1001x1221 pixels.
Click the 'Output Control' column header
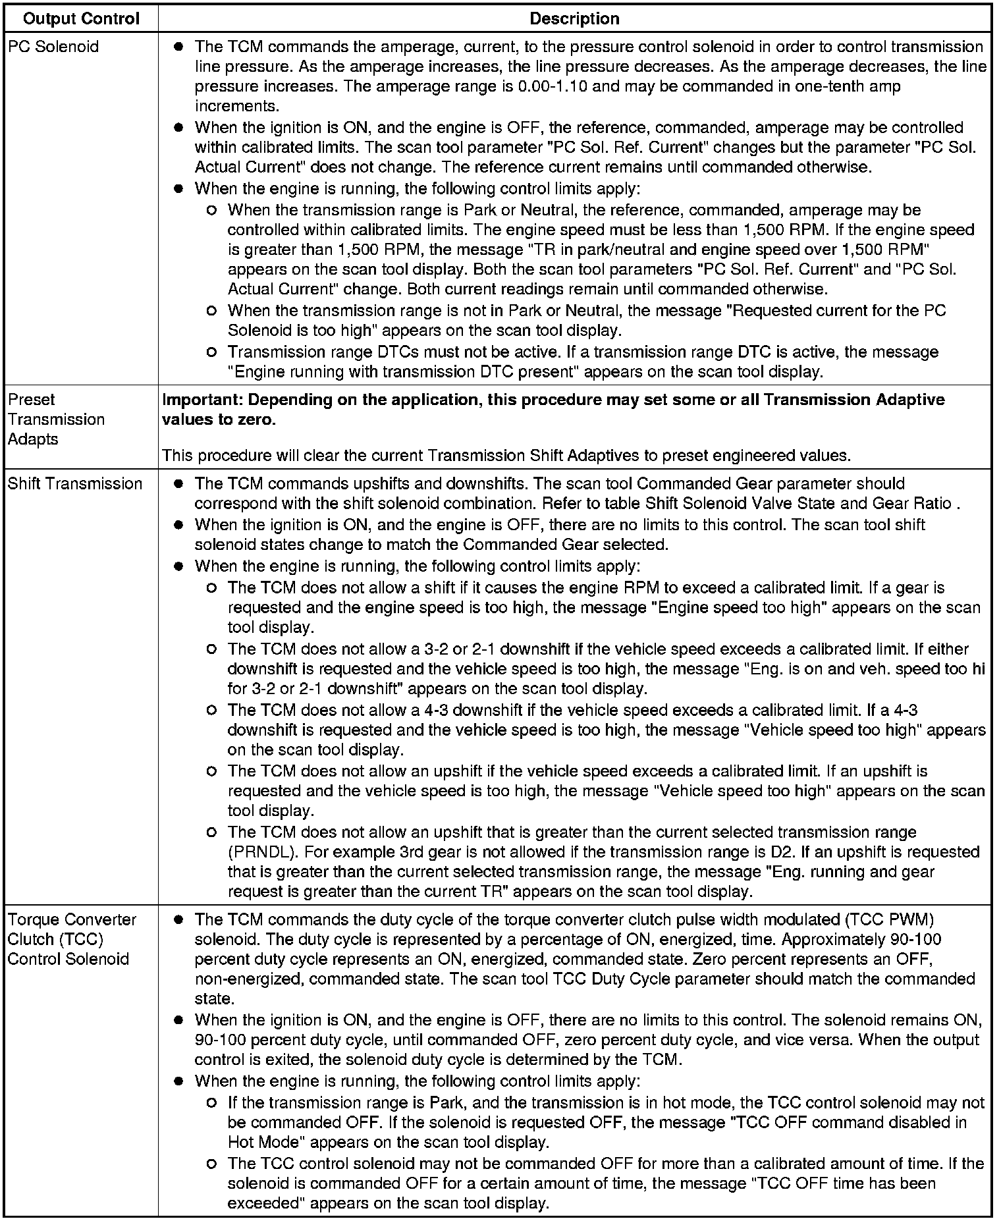click(x=81, y=18)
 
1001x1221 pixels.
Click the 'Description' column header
click(x=574, y=18)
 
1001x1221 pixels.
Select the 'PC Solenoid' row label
click(x=53, y=47)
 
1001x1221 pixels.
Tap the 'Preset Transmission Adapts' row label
click(x=56, y=420)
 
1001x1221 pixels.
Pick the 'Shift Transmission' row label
click(x=75, y=483)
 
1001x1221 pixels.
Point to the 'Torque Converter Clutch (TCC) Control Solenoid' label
click(x=72, y=939)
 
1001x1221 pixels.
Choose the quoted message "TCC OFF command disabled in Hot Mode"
click(x=659, y=1132)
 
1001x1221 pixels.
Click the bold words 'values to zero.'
click(x=219, y=420)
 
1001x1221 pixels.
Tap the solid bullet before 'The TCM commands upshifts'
click(x=178, y=484)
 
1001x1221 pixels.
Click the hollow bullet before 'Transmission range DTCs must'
click(x=211, y=352)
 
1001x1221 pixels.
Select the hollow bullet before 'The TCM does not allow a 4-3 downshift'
click(x=211, y=711)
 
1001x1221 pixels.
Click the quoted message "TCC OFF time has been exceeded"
click(x=593, y=1193)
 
